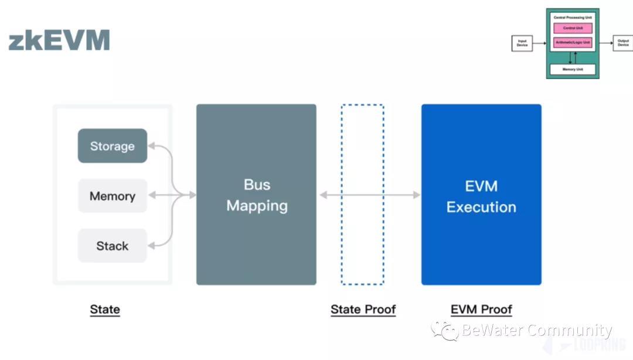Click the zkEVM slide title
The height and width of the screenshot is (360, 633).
[x=59, y=41]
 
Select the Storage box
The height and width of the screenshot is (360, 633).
[x=113, y=146]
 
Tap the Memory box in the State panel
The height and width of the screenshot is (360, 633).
[x=113, y=196]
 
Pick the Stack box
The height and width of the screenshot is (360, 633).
[x=113, y=246]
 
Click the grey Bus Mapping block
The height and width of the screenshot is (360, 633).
[x=256, y=195]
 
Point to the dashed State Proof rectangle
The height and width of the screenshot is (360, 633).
[x=363, y=195]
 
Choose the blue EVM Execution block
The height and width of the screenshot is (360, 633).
[x=481, y=195]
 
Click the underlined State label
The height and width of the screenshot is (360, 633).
[x=105, y=310]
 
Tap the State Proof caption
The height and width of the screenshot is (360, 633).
[x=363, y=310]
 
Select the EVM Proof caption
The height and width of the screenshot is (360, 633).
[x=481, y=310]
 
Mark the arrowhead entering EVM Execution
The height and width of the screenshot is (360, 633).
[x=417, y=195]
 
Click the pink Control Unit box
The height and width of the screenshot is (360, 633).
[x=573, y=28]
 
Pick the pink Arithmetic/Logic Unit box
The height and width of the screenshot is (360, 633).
[x=573, y=43]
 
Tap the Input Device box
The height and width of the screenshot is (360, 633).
[x=522, y=43]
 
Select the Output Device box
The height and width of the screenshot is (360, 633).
[x=622, y=43]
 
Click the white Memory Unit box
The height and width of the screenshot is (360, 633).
[x=573, y=69]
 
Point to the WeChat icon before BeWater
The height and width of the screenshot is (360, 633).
[x=445, y=331]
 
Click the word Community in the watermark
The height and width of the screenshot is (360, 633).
[x=569, y=331]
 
